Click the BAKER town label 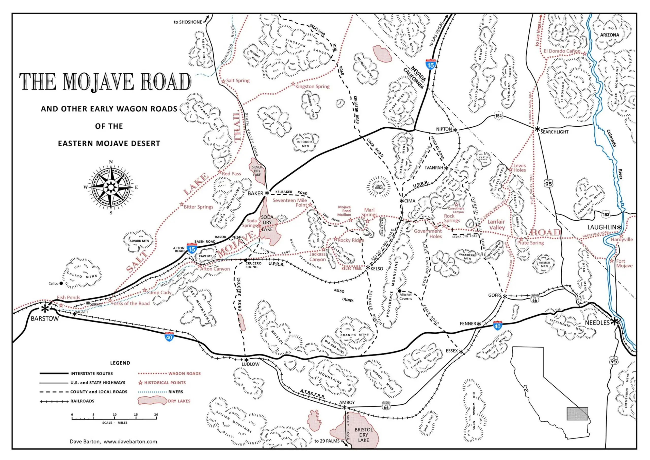point(255,193)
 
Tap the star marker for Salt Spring point(223,81)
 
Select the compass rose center point(111,187)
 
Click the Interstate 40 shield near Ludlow point(169,337)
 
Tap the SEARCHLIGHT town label point(554,132)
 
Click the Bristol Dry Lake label point(363,435)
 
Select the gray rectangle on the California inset point(577,414)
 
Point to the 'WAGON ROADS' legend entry point(184,374)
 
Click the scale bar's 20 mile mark point(156,415)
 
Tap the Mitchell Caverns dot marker point(399,291)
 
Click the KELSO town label point(377,268)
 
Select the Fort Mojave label point(624,263)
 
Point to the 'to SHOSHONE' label point(188,22)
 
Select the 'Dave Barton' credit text point(85,441)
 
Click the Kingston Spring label point(312,86)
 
